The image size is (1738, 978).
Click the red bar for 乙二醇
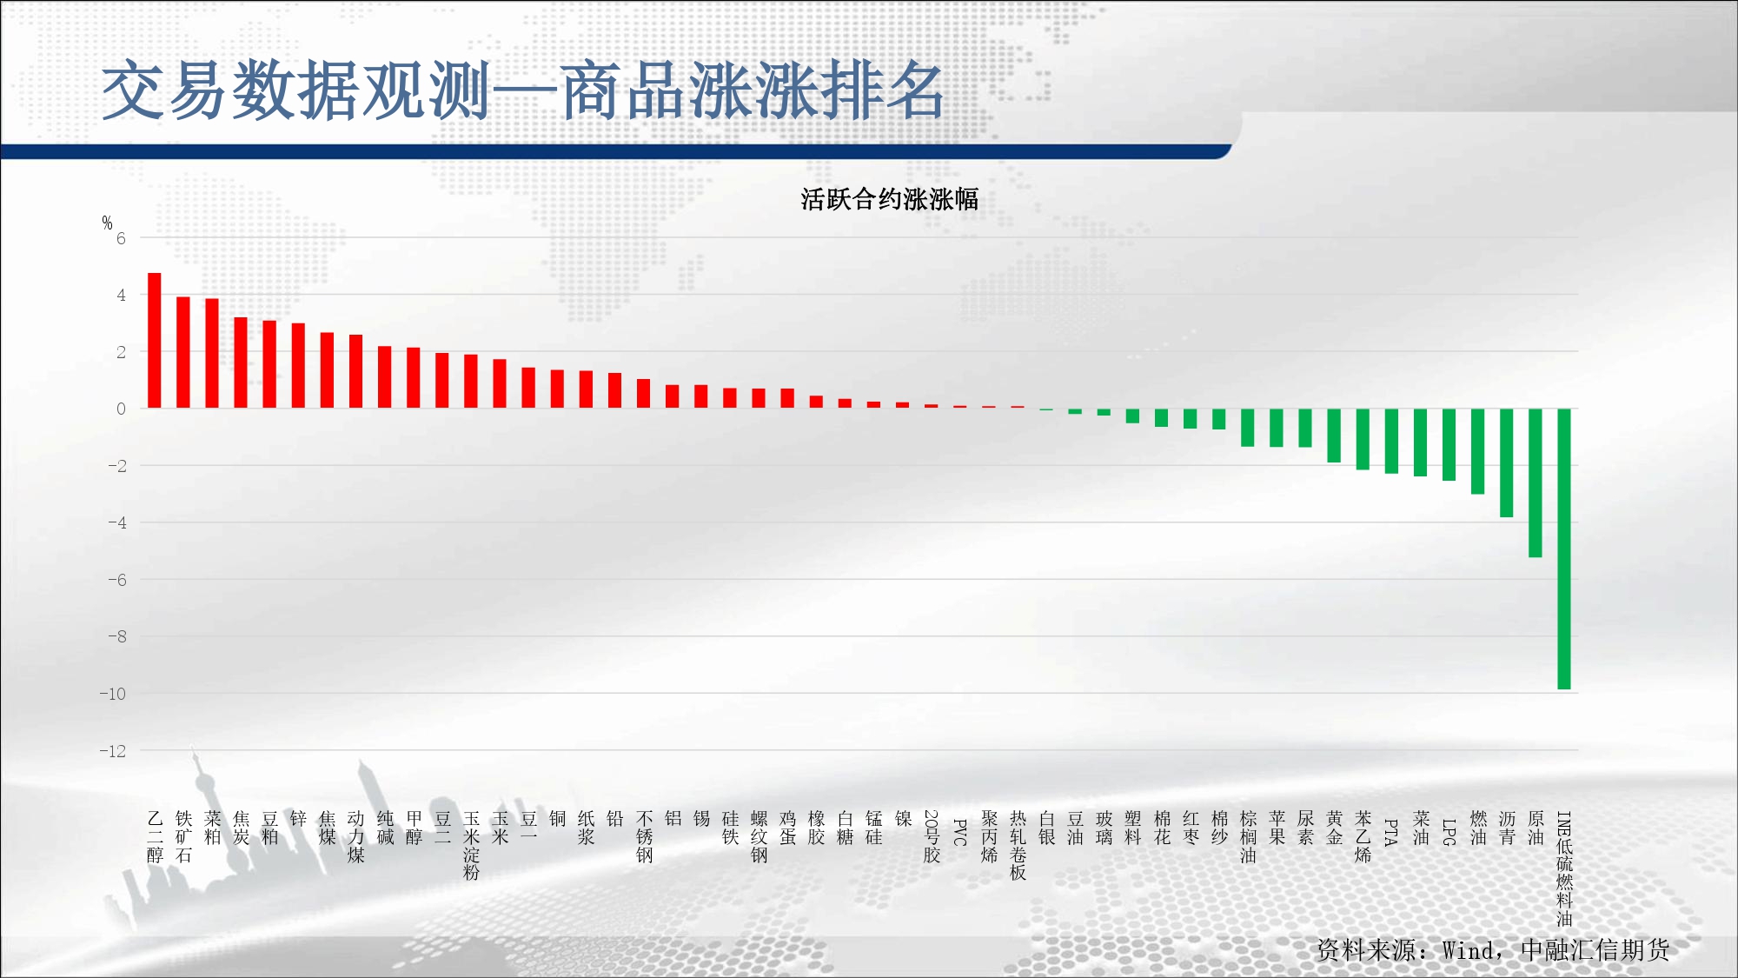(x=155, y=341)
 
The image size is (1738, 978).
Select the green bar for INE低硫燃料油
(x=1563, y=549)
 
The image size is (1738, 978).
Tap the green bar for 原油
(x=1535, y=482)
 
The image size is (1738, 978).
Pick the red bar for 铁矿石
(x=183, y=353)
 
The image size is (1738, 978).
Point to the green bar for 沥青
(x=1506, y=462)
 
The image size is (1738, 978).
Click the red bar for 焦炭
(x=241, y=363)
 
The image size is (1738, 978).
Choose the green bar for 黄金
(x=1334, y=436)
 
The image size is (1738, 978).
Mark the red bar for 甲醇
(x=414, y=378)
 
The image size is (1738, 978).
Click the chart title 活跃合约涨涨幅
(x=889, y=199)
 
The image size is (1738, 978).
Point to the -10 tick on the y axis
(x=113, y=694)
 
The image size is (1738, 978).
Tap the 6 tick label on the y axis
(x=121, y=238)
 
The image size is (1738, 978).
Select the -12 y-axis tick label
(x=113, y=751)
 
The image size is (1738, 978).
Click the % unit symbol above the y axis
(x=107, y=223)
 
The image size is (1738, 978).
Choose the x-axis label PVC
(x=960, y=832)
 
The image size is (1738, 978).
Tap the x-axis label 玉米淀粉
(x=472, y=846)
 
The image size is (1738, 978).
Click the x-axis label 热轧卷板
(x=1018, y=846)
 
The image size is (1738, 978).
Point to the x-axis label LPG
(x=1449, y=832)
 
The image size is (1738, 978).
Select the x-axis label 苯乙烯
(x=1363, y=836)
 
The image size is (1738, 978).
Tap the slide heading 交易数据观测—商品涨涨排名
(x=523, y=90)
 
